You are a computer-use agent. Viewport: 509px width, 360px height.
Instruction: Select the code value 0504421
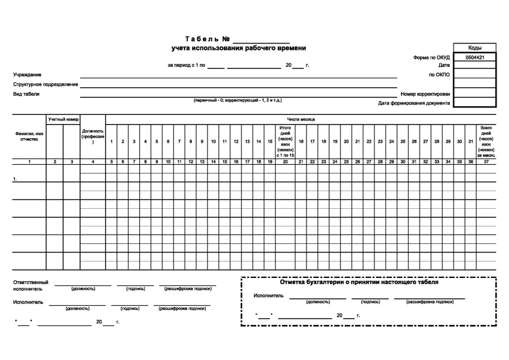coord(474,57)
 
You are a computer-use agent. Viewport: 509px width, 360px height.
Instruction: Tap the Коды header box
coord(474,48)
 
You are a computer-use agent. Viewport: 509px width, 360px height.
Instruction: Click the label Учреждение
coord(27,75)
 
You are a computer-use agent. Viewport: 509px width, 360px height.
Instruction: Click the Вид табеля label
coord(26,94)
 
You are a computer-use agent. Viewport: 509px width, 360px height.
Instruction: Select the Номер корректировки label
coord(425,94)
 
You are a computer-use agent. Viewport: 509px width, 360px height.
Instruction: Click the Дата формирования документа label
coord(414,103)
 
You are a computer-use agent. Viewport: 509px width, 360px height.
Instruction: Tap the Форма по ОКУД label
coord(432,57)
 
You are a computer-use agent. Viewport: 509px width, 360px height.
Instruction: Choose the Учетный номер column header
coord(63,119)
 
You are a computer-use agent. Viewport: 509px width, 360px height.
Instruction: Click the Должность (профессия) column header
coord(93,136)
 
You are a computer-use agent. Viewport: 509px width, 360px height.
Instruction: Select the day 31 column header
coord(470,141)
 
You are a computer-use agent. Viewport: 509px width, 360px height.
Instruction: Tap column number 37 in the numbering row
coord(486,162)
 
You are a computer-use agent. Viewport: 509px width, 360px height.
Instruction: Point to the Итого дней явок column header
coord(286,141)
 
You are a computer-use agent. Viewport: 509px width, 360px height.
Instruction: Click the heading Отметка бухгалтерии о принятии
coord(359,282)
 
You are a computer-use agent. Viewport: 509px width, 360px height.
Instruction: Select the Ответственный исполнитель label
coord(31,285)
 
